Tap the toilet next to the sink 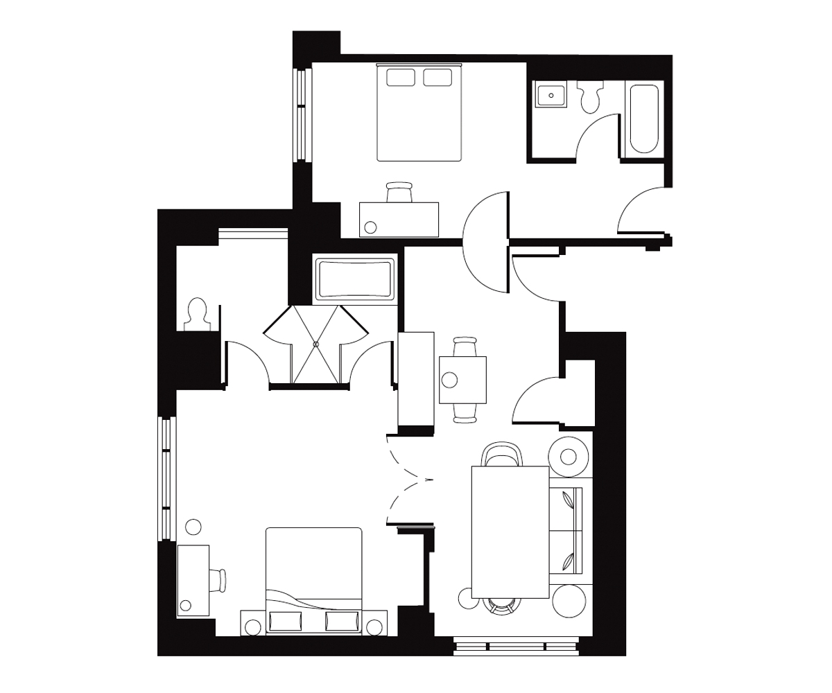590,98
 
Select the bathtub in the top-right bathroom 643,119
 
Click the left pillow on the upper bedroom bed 400,77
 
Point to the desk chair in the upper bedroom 399,192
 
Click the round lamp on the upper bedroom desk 370,227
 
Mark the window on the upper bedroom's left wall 301,114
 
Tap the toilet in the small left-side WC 198,314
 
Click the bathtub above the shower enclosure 355,279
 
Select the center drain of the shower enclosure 315,344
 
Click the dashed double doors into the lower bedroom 406,479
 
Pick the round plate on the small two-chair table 450,380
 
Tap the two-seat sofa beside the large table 566,530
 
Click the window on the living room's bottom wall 516,647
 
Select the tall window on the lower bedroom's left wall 166,478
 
